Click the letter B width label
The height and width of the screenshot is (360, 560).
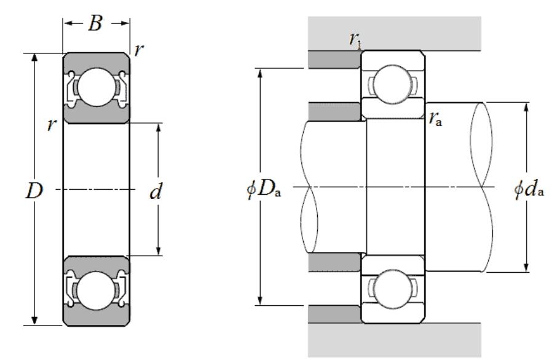[x=95, y=23]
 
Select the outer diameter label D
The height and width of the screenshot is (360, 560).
[x=34, y=191]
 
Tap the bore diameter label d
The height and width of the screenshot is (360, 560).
[x=156, y=191]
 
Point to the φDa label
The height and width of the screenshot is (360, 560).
[x=264, y=189]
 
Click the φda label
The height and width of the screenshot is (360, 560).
[x=529, y=189]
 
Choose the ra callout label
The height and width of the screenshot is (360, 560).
[x=435, y=119]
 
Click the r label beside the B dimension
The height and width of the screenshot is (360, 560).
[x=139, y=50]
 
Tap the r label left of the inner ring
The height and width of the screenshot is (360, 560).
[x=52, y=125]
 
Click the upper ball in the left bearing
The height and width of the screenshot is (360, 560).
[x=97, y=87]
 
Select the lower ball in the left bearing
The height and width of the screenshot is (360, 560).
[x=97, y=291]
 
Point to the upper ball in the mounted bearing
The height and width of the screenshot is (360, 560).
[x=392, y=85]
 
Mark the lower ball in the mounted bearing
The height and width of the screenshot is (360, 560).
[x=392, y=289]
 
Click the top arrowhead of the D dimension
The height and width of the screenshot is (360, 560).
[x=34, y=58]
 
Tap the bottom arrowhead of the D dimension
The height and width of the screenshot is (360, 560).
[x=34, y=321]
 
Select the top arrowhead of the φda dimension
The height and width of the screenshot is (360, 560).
[x=526, y=107]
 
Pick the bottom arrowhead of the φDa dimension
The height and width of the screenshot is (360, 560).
[x=261, y=301]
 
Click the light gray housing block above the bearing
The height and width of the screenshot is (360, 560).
[x=395, y=33]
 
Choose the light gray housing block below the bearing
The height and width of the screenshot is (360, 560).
[x=395, y=340]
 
